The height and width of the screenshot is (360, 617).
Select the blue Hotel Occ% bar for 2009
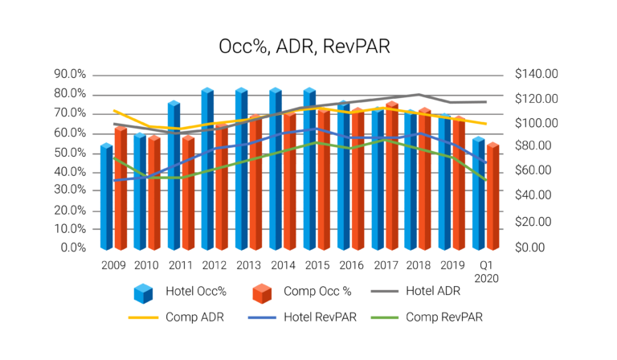coord(106,197)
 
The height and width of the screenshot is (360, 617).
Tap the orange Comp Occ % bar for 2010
coord(153,193)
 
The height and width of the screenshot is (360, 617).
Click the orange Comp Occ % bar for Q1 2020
coord(492,197)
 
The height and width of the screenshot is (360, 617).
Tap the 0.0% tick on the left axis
coord(71,247)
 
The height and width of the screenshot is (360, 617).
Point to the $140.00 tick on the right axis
coord(535,75)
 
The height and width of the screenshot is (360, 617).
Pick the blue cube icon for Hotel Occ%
coord(144,293)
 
